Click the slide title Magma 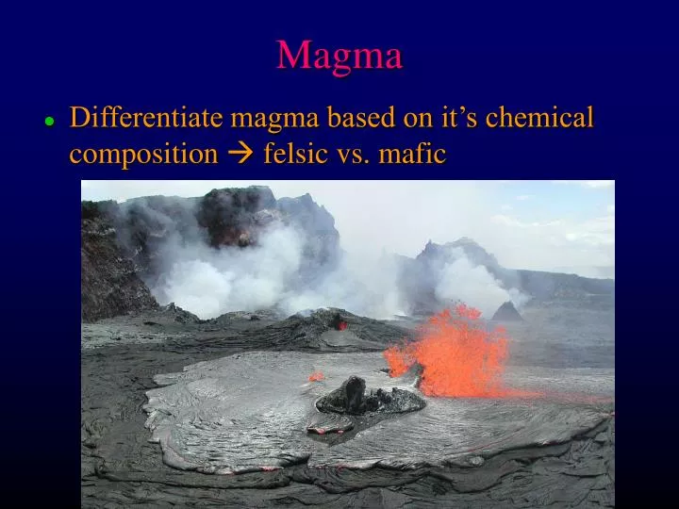(x=339, y=55)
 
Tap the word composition (x=142, y=154)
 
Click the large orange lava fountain (x=451, y=351)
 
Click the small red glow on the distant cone (x=341, y=324)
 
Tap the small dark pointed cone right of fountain (x=508, y=311)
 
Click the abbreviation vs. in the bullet (x=356, y=154)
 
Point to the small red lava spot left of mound (x=316, y=376)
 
